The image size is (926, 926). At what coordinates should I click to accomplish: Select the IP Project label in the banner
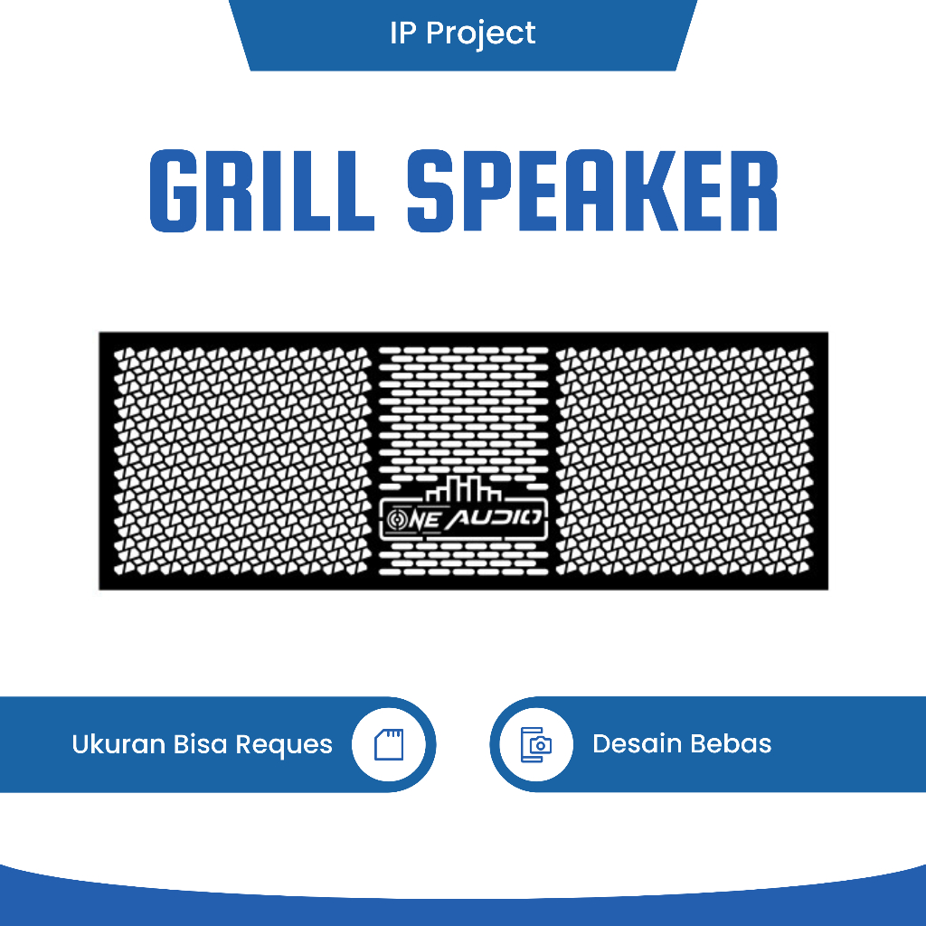point(462,33)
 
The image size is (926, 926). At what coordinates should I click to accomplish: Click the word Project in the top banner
point(480,34)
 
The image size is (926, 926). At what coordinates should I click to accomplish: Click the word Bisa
point(201,744)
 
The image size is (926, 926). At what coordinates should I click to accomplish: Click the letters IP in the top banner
point(402,33)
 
